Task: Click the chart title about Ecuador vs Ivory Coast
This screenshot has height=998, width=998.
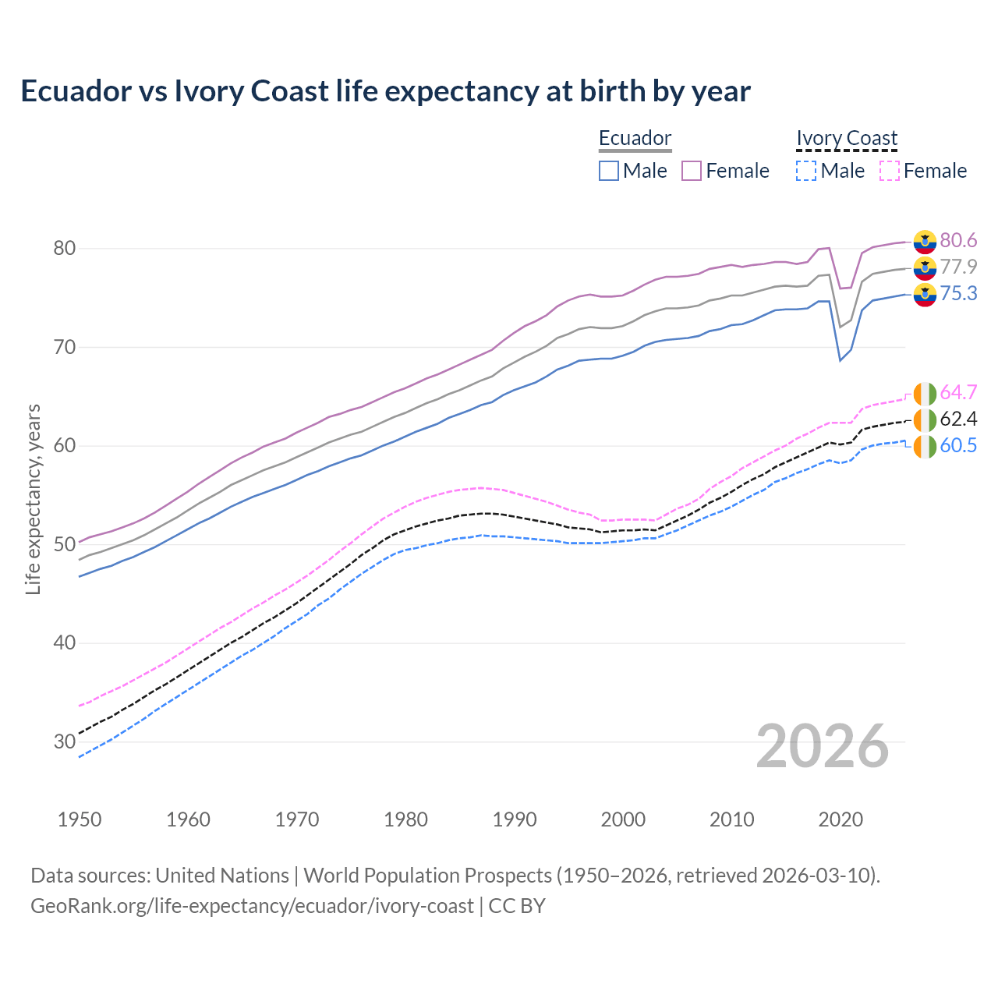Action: [x=385, y=91]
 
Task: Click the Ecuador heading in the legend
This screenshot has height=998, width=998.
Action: [x=635, y=138]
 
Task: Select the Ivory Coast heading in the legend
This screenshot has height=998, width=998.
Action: [x=847, y=138]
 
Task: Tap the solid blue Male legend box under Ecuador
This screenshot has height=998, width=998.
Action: [x=609, y=171]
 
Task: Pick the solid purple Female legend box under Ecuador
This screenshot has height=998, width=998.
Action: [x=692, y=171]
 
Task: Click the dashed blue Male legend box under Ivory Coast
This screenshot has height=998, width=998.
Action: [x=806, y=171]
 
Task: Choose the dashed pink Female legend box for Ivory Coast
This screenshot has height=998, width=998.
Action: [x=889, y=171]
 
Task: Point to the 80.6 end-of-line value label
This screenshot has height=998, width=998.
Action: [x=958, y=240]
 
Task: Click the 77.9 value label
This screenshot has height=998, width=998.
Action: [x=958, y=267]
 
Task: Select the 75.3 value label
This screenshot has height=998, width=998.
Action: [x=958, y=293]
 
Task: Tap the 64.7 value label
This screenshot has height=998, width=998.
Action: [x=958, y=392]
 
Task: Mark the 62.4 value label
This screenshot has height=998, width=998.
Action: [x=958, y=419]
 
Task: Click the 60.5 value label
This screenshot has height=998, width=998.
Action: [x=958, y=445]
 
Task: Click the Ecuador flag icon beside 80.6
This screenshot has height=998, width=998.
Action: [x=925, y=242]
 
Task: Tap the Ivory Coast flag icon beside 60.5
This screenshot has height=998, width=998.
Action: [x=925, y=448]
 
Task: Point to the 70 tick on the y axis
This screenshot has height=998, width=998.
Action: [x=64, y=347]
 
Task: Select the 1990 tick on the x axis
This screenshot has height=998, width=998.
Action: [x=515, y=819]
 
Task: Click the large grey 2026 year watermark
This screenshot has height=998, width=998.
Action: [x=822, y=746]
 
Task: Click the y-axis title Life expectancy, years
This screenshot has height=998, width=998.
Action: [x=33, y=499]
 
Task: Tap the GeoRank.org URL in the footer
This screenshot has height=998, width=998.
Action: [x=252, y=906]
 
